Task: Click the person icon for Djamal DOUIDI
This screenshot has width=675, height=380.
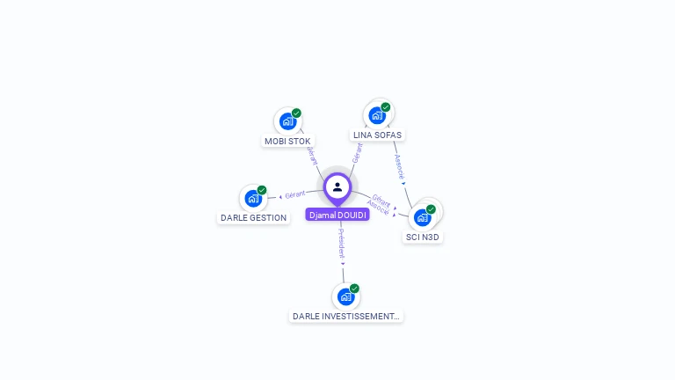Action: tap(337, 186)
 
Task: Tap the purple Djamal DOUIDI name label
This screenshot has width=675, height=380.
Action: tap(337, 215)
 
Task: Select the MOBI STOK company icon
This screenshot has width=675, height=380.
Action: tap(287, 121)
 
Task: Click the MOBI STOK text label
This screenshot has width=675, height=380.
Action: tap(287, 141)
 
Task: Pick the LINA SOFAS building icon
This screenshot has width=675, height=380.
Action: tap(377, 115)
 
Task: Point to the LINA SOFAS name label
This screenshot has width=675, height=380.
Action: tap(377, 135)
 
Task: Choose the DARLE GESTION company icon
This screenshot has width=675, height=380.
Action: tap(253, 198)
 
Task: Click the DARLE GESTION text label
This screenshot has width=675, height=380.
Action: tap(253, 217)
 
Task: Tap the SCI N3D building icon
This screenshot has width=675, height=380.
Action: tap(423, 216)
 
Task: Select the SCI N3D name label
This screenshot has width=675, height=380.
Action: tap(423, 237)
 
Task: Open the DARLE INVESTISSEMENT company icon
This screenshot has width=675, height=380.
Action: tap(345, 296)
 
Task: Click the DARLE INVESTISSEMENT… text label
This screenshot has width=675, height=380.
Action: tap(345, 316)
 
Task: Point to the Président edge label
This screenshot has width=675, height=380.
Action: tap(342, 243)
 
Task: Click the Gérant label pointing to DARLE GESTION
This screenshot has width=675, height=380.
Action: tap(294, 194)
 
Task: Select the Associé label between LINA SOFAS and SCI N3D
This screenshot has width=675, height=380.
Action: tap(399, 166)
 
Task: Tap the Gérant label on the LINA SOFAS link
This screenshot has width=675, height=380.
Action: tap(357, 152)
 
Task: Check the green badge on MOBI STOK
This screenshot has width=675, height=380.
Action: tap(297, 113)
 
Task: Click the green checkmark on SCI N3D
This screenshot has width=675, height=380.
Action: tap(431, 209)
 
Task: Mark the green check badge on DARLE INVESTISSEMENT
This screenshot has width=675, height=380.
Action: tap(354, 289)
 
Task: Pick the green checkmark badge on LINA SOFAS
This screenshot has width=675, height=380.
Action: tap(386, 107)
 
